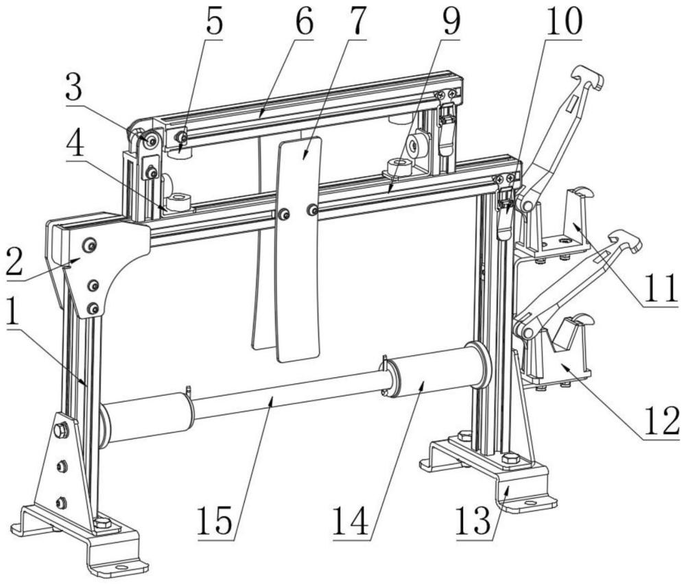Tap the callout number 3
point(74,87)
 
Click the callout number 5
point(213,22)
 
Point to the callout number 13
point(473,521)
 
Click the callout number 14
point(351,521)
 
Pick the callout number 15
point(215,521)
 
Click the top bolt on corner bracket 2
point(90,245)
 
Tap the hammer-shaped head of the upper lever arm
point(588,77)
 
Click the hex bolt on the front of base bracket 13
point(510,459)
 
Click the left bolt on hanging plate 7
point(285,214)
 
